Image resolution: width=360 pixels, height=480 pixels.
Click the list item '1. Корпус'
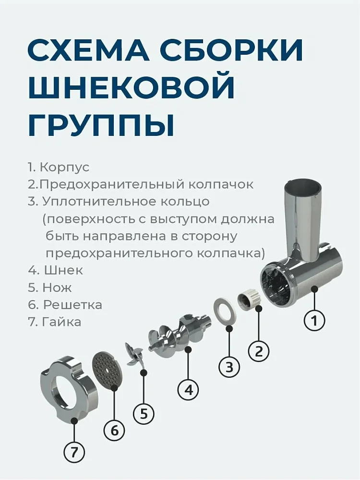59,168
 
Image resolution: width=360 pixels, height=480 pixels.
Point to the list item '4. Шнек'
55,270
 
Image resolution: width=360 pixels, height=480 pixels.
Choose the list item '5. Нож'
50,288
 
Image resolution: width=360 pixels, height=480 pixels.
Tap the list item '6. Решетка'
65,305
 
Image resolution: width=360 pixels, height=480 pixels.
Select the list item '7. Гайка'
54,322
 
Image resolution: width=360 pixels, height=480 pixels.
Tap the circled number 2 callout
259,351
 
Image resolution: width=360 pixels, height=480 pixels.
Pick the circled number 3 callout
229,368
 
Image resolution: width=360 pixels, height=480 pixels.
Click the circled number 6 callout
114,431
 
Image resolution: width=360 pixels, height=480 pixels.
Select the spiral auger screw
180,332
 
